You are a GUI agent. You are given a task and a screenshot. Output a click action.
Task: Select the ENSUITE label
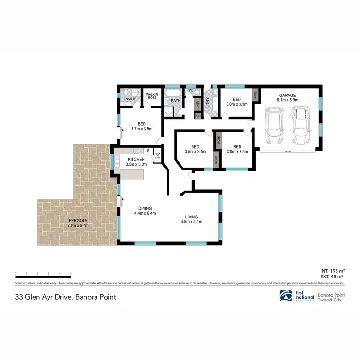(x=130, y=99)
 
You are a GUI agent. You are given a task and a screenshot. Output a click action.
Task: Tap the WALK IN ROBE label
(x=152, y=96)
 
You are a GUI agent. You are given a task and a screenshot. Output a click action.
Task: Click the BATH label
(x=176, y=101)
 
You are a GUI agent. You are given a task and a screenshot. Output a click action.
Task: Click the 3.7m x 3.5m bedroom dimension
(x=142, y=129)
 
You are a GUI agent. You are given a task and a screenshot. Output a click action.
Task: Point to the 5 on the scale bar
(x=71, y=273)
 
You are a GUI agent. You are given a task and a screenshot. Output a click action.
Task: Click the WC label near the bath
(x=191, y=90)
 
